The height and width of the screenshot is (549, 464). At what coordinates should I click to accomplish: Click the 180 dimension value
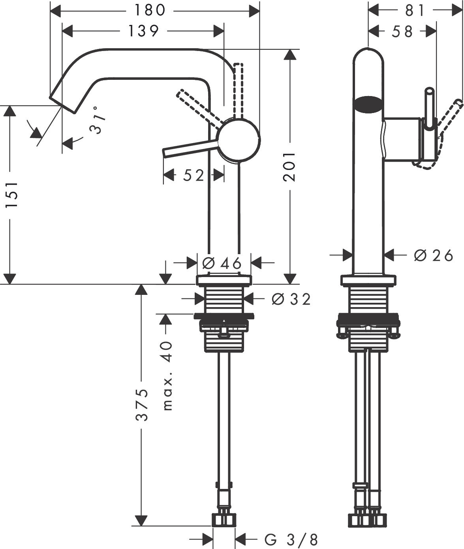point(150,11)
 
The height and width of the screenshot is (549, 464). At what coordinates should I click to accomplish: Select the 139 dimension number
point(143,30)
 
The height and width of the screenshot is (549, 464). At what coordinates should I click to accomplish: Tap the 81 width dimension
point(415,11)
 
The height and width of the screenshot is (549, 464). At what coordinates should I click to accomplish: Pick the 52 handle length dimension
point(193,175)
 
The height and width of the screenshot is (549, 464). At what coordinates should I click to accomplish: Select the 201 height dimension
point(290,166)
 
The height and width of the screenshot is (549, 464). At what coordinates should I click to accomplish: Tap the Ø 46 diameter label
point(221,263)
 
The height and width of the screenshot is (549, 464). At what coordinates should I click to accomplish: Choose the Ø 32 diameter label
point(291,299)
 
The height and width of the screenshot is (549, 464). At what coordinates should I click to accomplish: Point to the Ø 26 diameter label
point(433,256)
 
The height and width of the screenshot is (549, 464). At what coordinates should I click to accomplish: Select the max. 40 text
point(167,375)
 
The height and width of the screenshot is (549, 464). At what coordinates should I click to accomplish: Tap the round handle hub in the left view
point(239,140)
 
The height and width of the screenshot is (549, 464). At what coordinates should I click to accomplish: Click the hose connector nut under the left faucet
point(224,519)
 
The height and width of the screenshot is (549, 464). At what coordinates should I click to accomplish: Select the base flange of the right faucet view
point(368,280)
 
